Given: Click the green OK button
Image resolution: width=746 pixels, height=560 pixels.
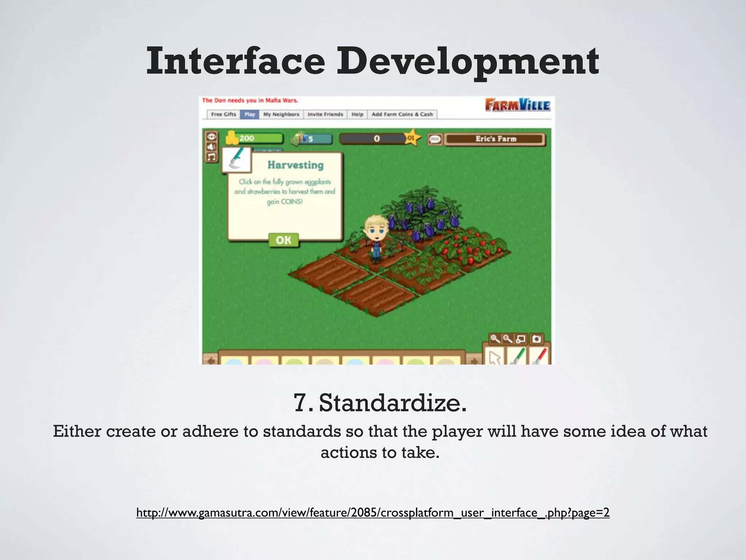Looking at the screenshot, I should coord(283,240).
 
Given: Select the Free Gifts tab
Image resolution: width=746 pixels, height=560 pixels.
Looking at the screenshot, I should coord(224,114).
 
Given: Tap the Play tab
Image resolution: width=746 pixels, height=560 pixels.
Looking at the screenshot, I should coord(250,114).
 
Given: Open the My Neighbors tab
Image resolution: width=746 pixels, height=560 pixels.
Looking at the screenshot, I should coord(281,114).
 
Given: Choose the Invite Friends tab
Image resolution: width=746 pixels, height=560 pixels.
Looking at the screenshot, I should coord(325,114).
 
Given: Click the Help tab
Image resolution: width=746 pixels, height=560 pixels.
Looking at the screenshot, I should coord(357,114).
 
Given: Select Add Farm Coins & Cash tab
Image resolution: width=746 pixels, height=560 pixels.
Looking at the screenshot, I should coord(402,114).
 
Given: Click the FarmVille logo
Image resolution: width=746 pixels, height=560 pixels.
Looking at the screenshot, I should coord(518,105).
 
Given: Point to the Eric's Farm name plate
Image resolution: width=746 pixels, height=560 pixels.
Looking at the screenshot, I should coord(495,139).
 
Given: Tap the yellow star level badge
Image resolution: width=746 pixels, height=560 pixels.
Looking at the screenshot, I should coord(412,138).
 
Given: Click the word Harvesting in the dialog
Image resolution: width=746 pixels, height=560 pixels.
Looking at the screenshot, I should coord(295,165).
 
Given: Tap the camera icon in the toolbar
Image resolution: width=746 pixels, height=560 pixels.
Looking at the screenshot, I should coord(536,339).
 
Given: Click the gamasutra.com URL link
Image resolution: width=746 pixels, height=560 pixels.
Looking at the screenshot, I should coord(373,513).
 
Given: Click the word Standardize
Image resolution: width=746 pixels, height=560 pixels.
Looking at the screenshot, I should coord(393,403).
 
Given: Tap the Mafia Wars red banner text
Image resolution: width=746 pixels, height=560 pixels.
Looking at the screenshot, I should coord(250,101).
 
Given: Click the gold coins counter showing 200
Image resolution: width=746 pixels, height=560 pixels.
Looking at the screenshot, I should coord(255,139).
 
